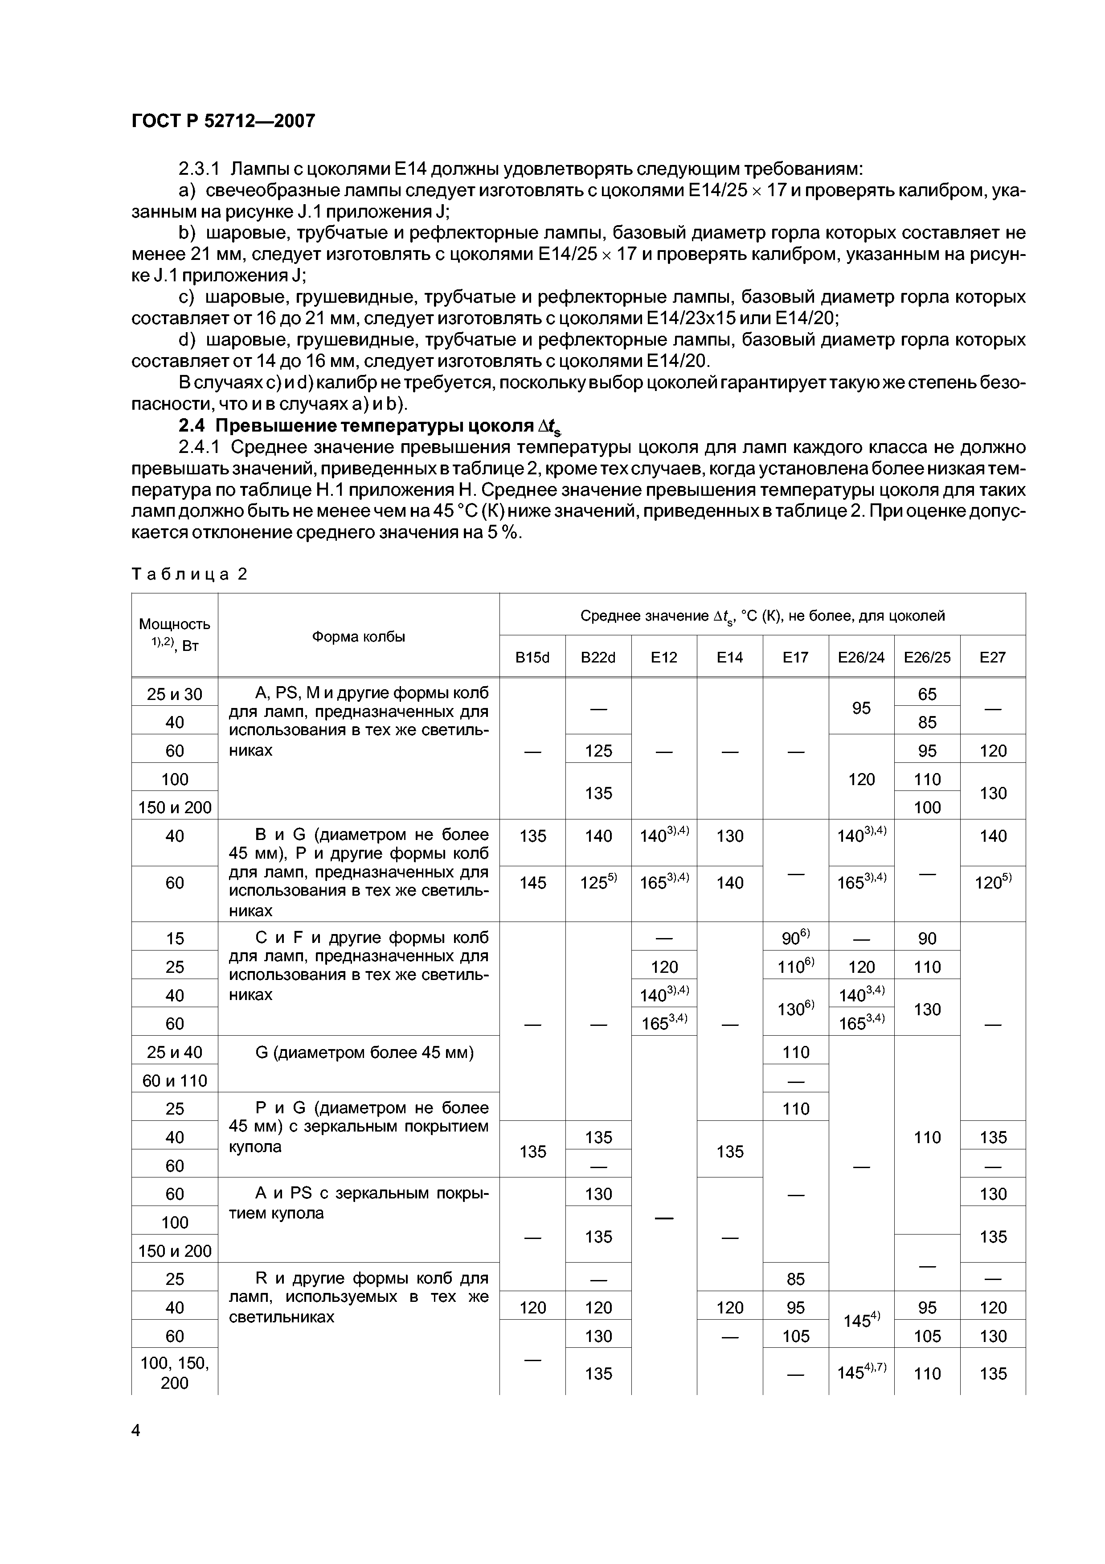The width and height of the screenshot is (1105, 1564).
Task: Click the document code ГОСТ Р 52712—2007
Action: point(223,120)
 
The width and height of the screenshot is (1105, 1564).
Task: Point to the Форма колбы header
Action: point(358,636)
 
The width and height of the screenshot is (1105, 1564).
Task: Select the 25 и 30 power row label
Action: point(174,693)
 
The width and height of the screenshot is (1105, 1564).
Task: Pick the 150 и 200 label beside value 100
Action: point(174,807)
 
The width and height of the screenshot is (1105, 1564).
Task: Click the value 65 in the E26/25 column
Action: point(927,693)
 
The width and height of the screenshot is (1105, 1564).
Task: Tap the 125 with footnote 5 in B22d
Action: point(598,882)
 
